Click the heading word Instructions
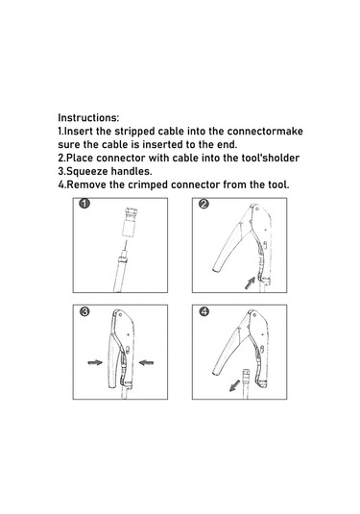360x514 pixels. pyautogui.click(x=88, y=117)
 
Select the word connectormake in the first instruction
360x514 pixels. pyautogui.click(x=265, y=131)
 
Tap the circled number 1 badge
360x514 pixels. pyautogui.click(x=84, y=204)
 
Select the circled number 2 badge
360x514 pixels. pyautogui.click(x=204, y=204)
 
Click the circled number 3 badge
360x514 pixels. pyautogui.click(x=84, y=311)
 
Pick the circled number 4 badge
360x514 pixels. pyautogui.click(x=204, y=311)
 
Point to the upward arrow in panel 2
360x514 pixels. pyautogui.click(x=251, y=282)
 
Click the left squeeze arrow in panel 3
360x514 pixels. pyautogui.click(x=95, y=362)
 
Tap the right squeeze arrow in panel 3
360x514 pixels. pyautogui.click(x=146, y=362)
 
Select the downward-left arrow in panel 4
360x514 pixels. pyautogui.click(x=234, y=385)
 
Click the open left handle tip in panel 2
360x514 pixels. pyautogui.click(x=217, y=269)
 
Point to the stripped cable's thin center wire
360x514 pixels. pyautogui.click(x=126, y=245)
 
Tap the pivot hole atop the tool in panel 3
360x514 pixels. pyautogui.click(x=121, y=315)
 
